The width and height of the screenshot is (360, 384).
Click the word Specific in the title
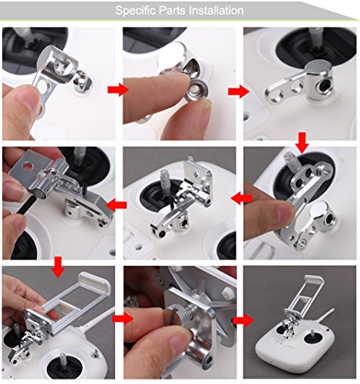click(x=136, y=11)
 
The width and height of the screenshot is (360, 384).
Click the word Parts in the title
click(x=173, y=10)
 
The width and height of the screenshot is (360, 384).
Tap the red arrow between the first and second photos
click(x=117, y=90)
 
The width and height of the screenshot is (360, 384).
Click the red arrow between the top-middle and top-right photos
click(x=239, y=91)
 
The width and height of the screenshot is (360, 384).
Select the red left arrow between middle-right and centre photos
click(x=241, y=198)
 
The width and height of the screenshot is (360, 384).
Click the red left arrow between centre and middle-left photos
click(x=116, y=205)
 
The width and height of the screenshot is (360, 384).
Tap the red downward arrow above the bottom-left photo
click(x=58, y=267)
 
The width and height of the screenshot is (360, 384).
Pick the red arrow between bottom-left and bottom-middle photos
click(x=123, y=319)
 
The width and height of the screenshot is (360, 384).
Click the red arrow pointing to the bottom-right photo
click(x=243, y=320)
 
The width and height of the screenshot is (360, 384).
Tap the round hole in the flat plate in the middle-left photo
click(x=28, y=167)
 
